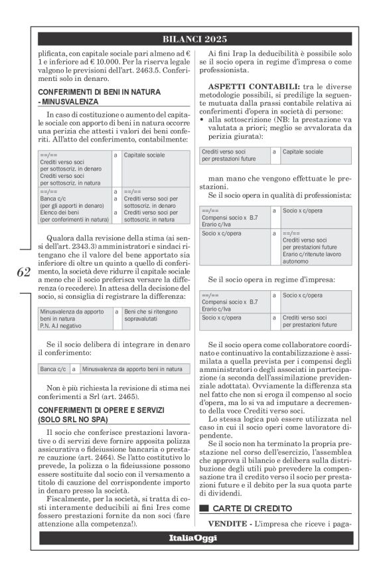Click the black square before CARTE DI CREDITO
204,508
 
